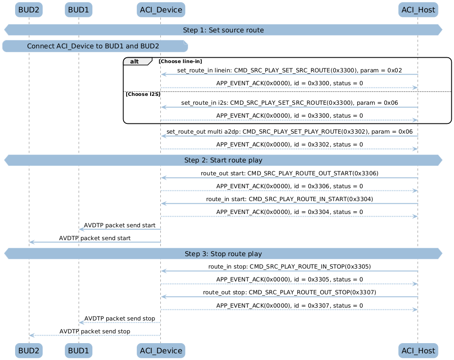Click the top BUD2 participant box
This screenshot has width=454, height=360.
click(29, 10)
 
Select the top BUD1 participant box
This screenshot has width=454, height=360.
click(79, 10)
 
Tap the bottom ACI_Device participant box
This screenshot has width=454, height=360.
click(161, 351)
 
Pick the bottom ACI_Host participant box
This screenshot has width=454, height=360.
click(418, 351)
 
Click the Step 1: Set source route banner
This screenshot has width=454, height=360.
click(223, 30)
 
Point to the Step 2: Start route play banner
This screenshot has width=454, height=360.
click(223, 160)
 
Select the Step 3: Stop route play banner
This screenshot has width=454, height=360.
click(223, 254)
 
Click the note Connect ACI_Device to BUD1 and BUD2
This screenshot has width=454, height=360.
click(95, 46)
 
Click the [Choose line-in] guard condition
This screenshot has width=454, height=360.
click(180, 61)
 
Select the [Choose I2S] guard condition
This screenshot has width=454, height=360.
click(143, 95)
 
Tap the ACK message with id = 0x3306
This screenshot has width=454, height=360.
click(290, 186)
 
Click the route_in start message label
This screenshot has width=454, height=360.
click(290, 199)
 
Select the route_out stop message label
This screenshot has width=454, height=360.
click(290, 292)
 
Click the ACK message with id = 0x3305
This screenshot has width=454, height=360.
click(290, 280)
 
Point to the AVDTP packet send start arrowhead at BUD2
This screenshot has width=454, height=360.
click(32, 242)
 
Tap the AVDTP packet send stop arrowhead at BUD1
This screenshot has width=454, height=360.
click(81, 322)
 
